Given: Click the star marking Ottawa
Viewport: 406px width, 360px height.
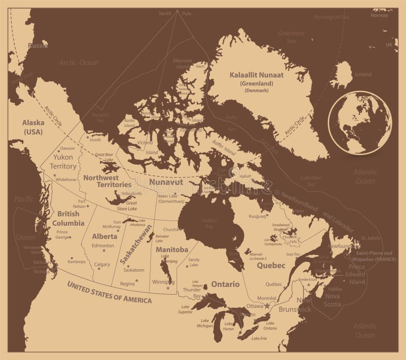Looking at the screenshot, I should point(267,306).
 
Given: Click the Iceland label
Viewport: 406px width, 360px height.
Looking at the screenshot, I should point(363,75).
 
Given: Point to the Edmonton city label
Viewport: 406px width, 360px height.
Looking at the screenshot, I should point(103,245).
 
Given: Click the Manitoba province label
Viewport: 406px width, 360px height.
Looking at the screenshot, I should point(172,250).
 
